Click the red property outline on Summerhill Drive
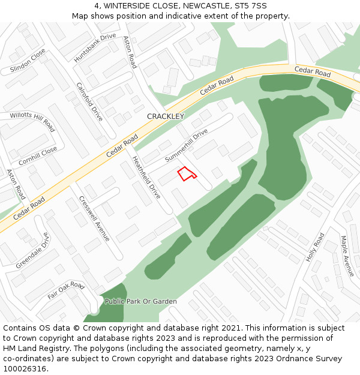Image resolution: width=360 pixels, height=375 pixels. pyautogui.click(x=186, y=173)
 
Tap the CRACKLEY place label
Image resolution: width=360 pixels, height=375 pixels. pyautogui.click(x=166, y=116)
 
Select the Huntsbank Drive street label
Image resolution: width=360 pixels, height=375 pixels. pyautogui.click(x=95, y=48)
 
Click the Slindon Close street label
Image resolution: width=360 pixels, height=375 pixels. pyautogui.click(x=28, y=61)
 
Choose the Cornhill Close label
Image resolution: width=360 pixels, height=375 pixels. pyautogui.click(x=38, y=156)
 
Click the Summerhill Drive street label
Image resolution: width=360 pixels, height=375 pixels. pyautogui.click(x=186, y=145)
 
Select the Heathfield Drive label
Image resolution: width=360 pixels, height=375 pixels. pyautogui.click(x=146, y=178)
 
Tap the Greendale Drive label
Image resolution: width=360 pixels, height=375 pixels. pyautogui.click(x=33, y=250)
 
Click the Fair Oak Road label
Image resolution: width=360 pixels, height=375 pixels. pyautogui.click(x=66, y=290)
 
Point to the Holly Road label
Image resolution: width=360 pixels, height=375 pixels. pyautogui.click(x=315, y=247)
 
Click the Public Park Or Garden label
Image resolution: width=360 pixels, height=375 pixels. pyautogui.click(x=140, y=301)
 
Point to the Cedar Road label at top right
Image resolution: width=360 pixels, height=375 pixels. pyautogui.click(x=312, y=73)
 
